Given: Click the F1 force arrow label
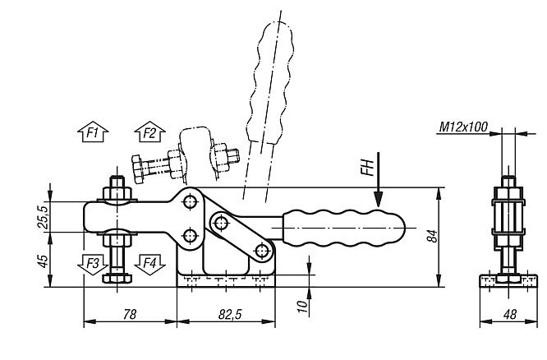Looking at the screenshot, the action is tap(93, 132).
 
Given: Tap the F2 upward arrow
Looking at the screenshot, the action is tap(149, 132).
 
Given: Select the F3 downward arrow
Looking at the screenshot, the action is tap(93, 265).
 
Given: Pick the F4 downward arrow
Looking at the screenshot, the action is tap(149, 265).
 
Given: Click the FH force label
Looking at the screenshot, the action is tap(368, 167).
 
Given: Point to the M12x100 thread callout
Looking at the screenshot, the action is tap(463, 127).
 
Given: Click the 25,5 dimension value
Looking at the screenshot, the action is tap(44, 217).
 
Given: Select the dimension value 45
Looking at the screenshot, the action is tap(44, 261).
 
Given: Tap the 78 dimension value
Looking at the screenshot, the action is tap(130, 314).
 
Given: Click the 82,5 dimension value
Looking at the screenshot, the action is tap(230, 314).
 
